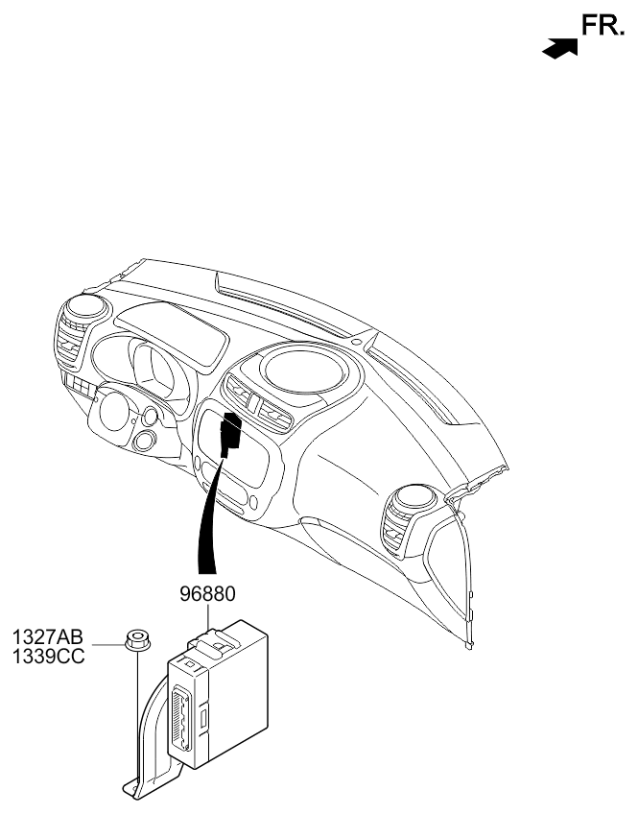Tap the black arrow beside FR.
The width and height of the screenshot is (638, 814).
(x=559, y=48)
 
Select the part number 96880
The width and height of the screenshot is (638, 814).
(x=207, y=594)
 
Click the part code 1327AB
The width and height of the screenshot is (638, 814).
(x=48, y=637)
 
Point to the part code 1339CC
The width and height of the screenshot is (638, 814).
(x=48, y=657)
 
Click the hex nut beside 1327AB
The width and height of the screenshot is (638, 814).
(x=137, y=639)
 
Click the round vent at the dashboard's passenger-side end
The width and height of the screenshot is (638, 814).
(x=418, y=499)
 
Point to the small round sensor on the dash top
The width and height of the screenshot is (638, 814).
(x=356, y=342)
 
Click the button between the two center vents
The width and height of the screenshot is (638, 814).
(x=254, y=403)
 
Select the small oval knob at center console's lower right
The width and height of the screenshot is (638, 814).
(x=253, y=502)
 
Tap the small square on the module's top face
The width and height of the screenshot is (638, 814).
(x=189, y=664)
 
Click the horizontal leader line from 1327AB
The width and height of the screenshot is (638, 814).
(x=108, y=645)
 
